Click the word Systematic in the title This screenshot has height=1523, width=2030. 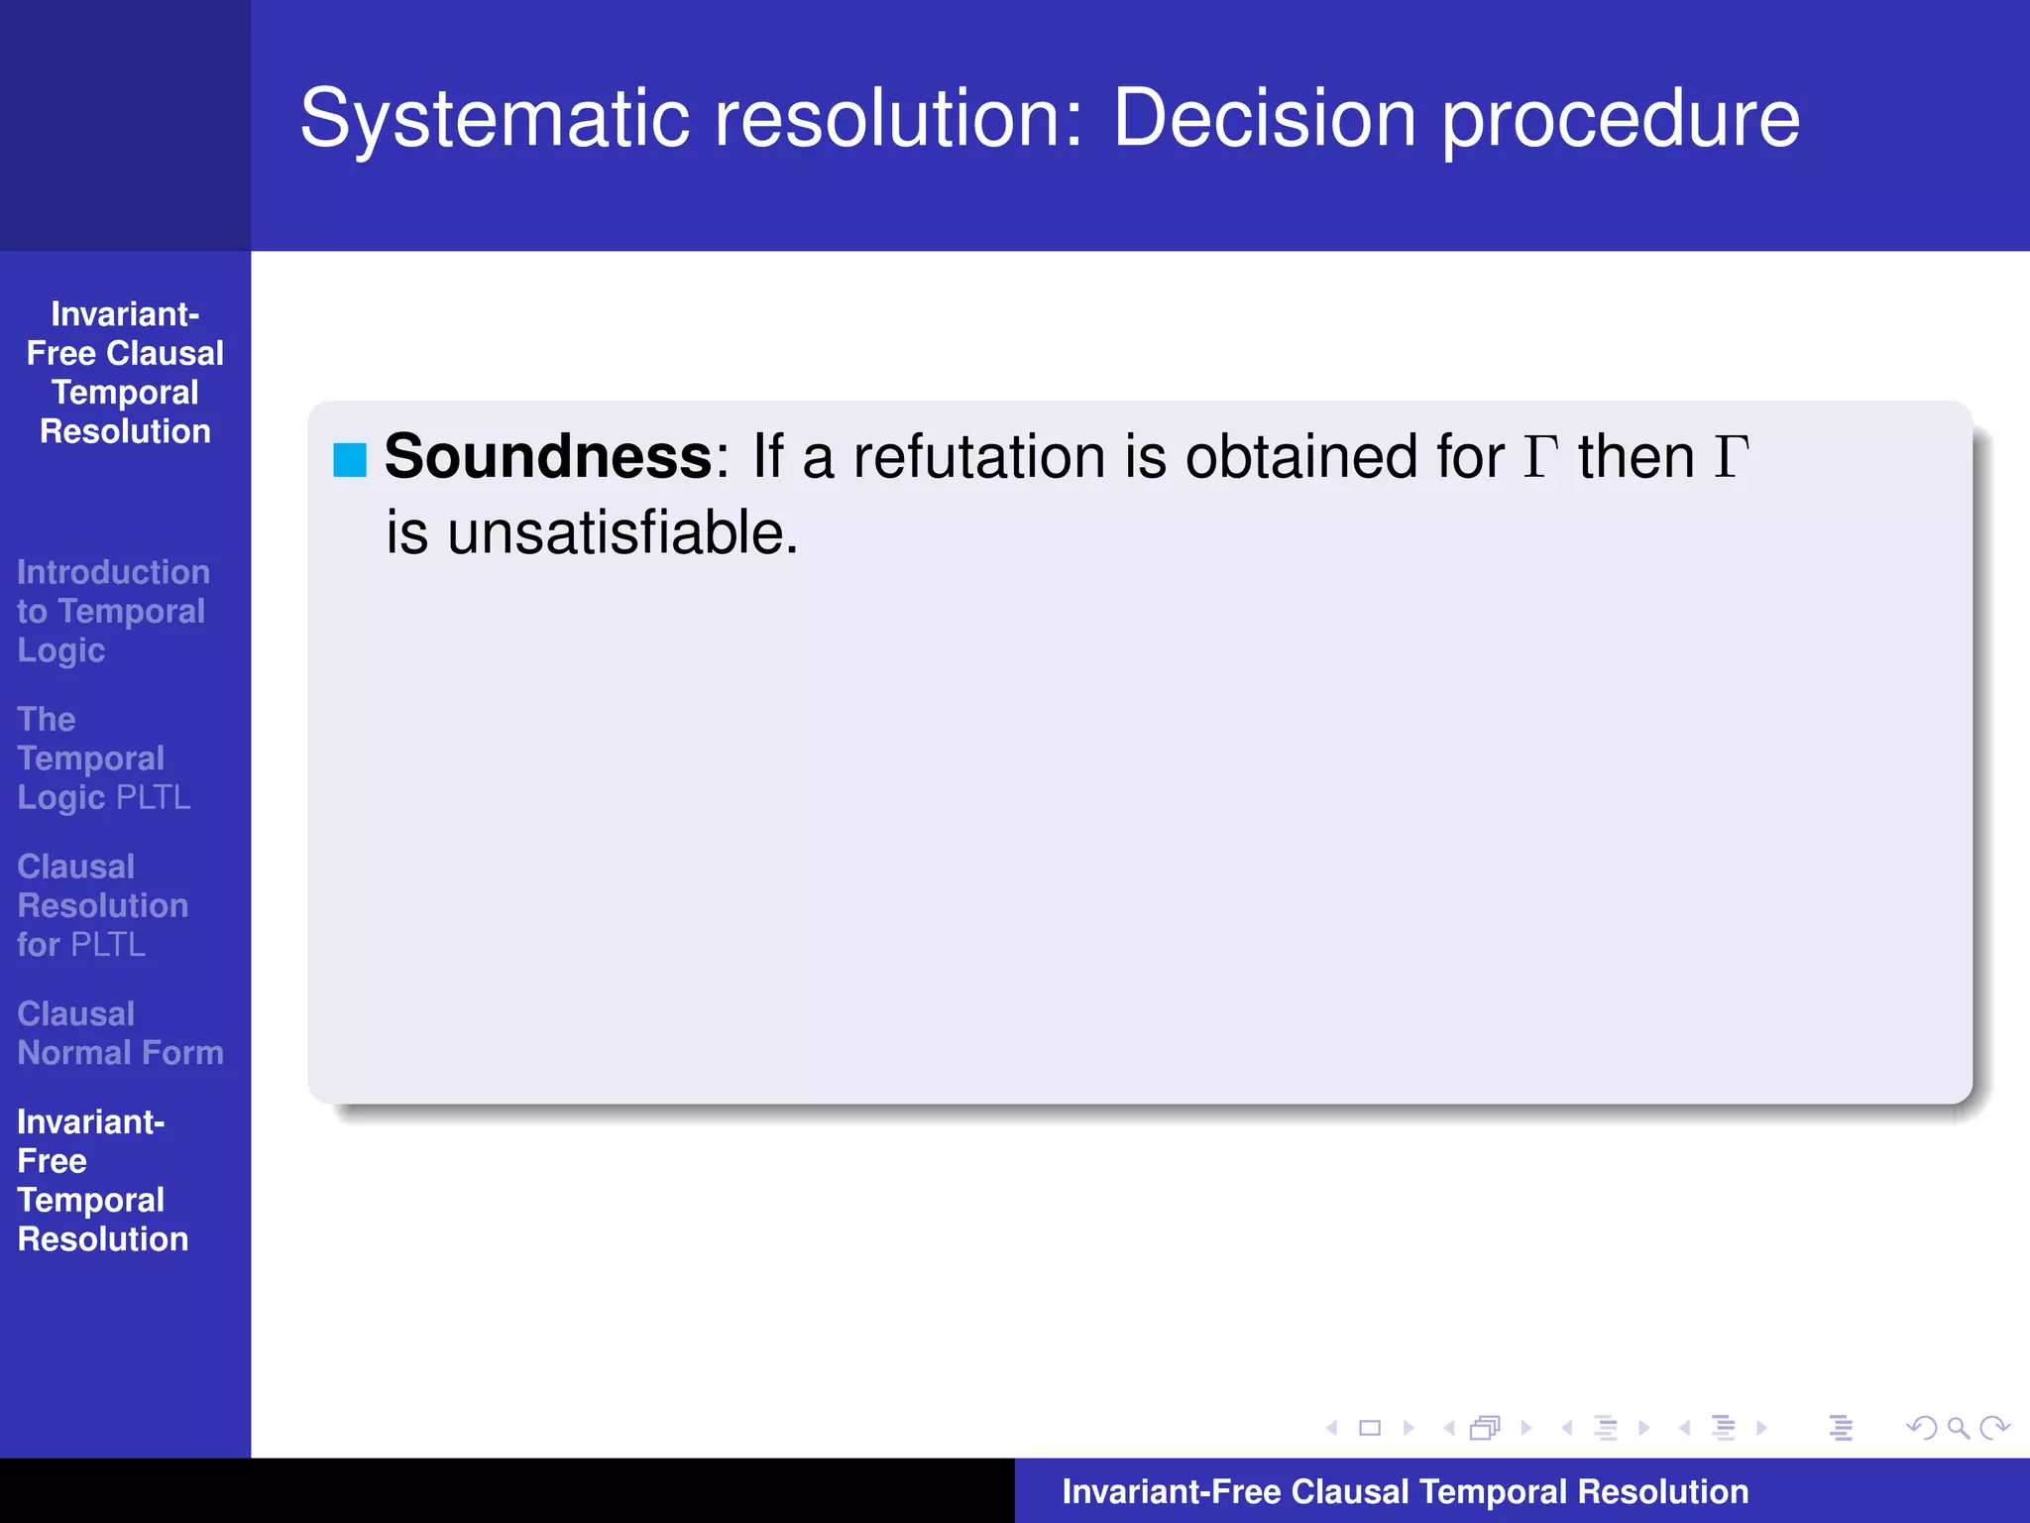494,119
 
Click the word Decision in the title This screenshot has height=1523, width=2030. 1265,119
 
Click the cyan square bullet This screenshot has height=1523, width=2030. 350,460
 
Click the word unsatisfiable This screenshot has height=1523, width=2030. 621,533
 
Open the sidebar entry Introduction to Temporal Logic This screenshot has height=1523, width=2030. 112,611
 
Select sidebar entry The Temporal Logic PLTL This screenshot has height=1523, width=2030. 103,758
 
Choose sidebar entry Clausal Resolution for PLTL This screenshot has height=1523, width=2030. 102,905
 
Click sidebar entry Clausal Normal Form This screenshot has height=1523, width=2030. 120,1033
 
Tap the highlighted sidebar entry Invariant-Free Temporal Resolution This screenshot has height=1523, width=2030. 102,1180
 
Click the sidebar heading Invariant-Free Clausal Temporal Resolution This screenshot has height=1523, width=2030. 125,373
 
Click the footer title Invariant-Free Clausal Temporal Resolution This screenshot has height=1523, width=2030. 1405,1491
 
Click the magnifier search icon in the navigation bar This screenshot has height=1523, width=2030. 1957,1428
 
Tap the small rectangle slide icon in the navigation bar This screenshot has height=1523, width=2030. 1370,1428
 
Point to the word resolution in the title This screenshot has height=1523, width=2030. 899,119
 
